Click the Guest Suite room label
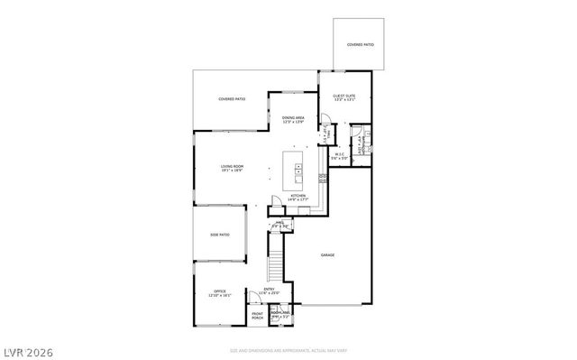[x=343, y=96]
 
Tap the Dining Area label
[x=293, y=118]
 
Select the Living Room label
[x=234, y=166]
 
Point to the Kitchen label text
[x=298, y=195]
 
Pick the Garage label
[x=327, y=255]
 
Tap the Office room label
[x=220, y=291]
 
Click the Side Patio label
[x=220, y=235]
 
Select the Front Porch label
[x=258, y=315]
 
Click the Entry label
[x=270, y=289]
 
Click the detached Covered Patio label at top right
[x=360, y=43]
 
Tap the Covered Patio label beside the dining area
[x=232, y=98]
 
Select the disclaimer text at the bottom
[x=288, y=349]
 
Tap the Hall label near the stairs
[x=280, y=222]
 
